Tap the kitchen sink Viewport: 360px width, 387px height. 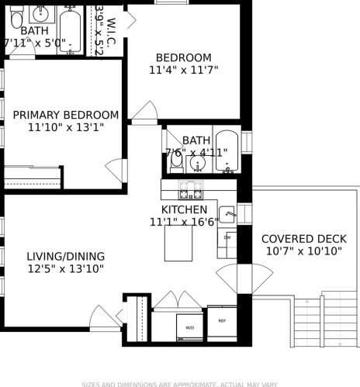pos(228,214)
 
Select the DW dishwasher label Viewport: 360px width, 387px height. pos(228,237)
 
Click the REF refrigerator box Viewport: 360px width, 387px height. pos(222,321)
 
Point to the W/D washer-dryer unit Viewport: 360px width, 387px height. pos(190,327)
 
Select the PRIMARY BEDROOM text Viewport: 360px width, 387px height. pos(66,115)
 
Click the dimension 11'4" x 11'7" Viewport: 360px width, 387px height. pos(183,70)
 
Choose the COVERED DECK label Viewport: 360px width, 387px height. pos(299,239)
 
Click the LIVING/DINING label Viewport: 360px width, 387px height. pos(65,256)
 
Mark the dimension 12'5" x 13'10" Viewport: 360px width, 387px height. pos(65,269)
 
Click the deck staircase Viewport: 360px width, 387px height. pos(326,322)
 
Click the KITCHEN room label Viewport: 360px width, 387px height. pos(184,209)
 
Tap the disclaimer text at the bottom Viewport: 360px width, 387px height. pos(180,383)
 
